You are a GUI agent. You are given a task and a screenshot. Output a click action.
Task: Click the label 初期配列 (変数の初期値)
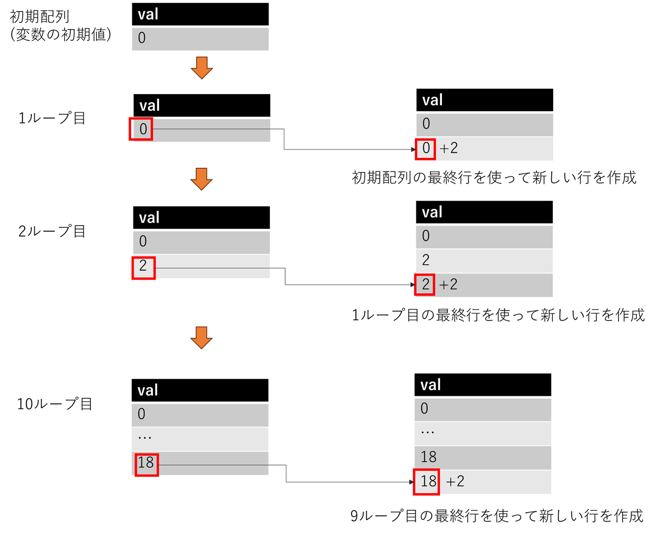tap(60, 26)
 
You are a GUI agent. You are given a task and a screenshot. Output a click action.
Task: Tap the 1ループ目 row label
tap(51, 118)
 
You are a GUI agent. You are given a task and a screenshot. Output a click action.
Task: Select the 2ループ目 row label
tap(51, 231)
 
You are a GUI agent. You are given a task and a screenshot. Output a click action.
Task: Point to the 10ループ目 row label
tap(55, 404)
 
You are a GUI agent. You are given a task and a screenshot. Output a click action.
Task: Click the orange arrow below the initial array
tap(202, 68)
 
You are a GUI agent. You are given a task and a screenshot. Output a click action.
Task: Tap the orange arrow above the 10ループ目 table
tap(201, 338)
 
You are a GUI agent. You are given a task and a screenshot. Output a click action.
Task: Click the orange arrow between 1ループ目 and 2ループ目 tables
tap(201, 179)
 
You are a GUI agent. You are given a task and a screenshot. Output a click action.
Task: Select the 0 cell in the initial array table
tap(200, 39)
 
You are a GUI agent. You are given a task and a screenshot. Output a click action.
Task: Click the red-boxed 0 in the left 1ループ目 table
tap(141, 129)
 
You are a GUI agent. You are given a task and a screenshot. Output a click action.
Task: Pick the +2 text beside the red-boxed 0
tap(448, 148)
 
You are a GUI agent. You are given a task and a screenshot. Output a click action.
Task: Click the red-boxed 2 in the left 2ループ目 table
tap(143, 267)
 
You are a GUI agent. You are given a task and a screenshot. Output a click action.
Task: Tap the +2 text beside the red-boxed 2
tap(448, 284)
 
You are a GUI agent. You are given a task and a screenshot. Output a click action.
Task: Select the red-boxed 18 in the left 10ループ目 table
tap(147, 465)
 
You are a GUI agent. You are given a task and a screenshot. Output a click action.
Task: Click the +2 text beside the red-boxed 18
tap(455, 481)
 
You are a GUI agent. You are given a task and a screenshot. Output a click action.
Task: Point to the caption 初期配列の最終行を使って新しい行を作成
tap(494, 177)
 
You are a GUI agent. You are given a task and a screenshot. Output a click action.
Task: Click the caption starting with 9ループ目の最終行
tap(497, 516)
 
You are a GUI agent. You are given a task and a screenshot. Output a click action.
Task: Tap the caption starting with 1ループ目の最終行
tap(498, 315)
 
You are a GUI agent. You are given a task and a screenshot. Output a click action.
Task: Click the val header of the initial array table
tap(200, 14)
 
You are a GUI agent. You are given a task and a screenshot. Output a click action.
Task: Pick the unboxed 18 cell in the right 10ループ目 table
tap(483, 457)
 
